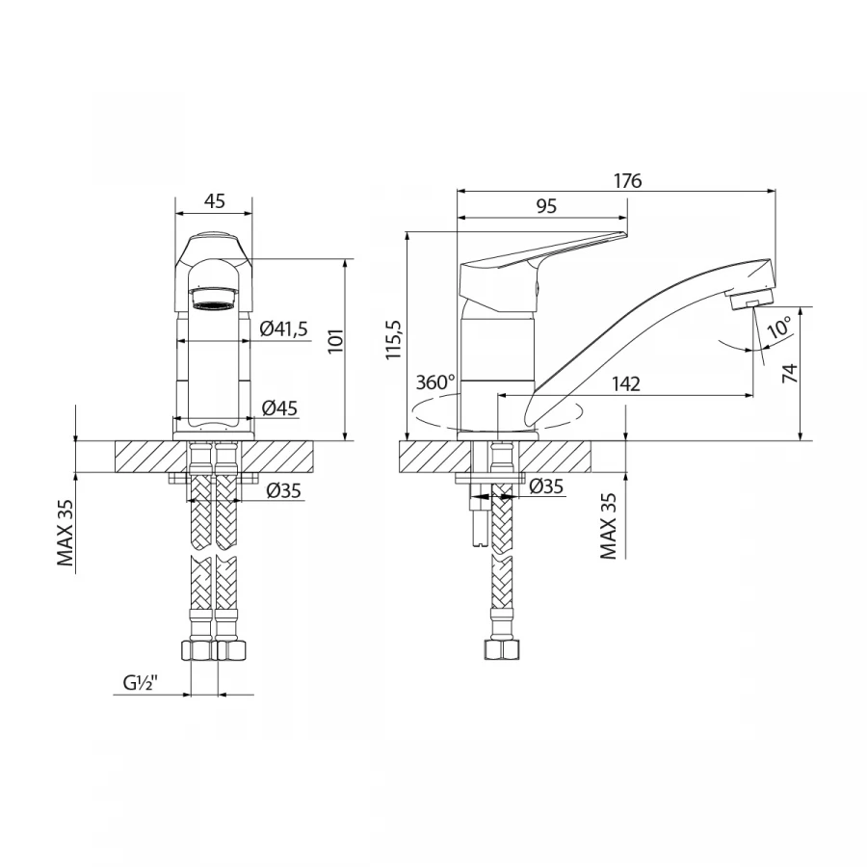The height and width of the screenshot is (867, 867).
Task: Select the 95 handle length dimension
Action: [546, 205]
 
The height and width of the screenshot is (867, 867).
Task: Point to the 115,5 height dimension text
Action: [393, 340]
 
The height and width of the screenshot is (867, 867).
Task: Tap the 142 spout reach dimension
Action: [625, 384]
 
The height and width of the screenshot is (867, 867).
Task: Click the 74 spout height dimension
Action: [789, 375]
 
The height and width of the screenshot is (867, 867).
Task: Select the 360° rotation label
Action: [435, 382]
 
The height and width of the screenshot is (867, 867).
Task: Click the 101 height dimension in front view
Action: [335, 342]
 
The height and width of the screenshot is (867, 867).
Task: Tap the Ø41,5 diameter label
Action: [283, 330]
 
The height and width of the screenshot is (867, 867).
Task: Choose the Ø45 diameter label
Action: [279, 407]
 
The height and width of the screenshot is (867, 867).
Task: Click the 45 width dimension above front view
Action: [214, 201]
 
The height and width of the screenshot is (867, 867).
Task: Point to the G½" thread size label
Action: [141, 685]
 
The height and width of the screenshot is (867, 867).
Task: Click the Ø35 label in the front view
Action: [283, 490]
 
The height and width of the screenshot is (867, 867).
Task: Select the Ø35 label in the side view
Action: [546, 486]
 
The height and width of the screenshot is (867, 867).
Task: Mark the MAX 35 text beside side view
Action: [609, 526]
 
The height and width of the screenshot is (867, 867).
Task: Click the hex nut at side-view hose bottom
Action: [502, 650]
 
